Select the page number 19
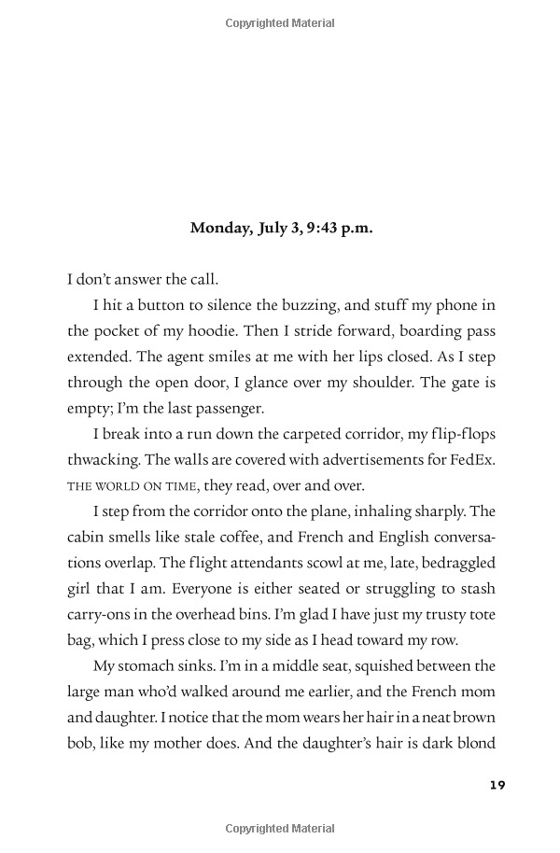497,785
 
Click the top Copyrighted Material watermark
280,23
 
